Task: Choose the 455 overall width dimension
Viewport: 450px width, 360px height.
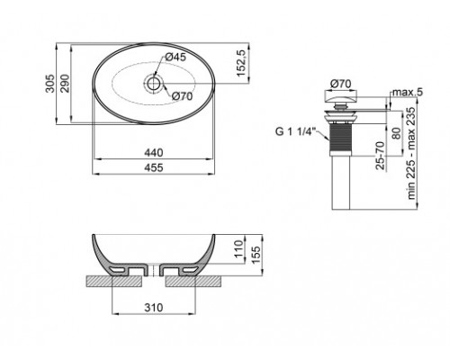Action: coord(154,168)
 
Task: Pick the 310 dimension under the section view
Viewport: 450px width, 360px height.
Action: coord(155,308)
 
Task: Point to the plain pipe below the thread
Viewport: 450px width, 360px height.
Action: coord(341,184)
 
